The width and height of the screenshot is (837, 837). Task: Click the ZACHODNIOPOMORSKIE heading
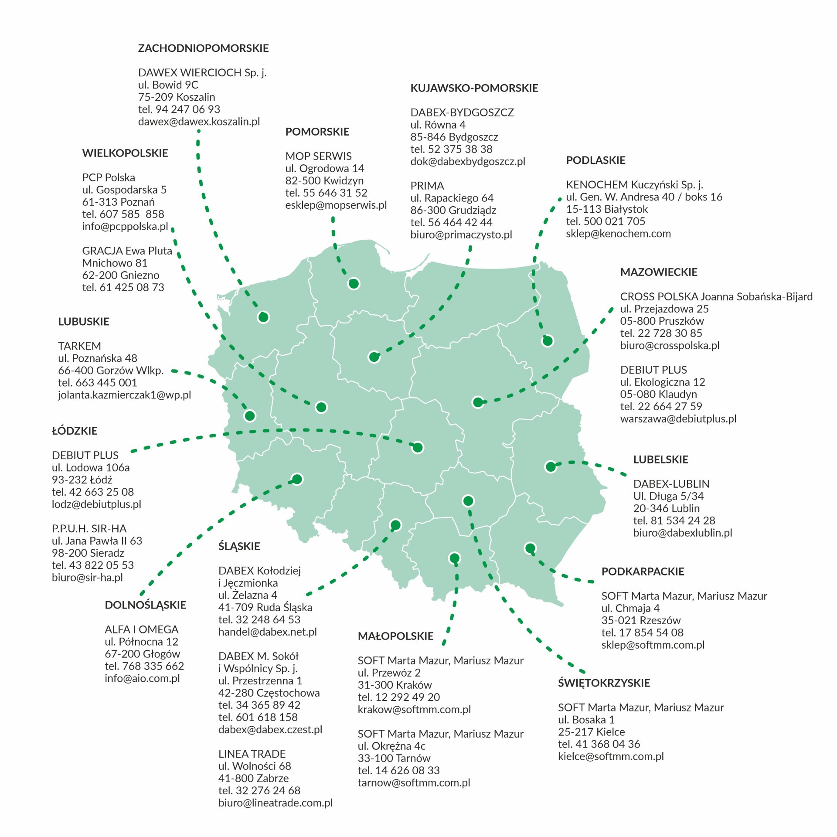(x=203, y=48)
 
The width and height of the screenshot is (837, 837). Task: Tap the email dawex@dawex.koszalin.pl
(x=199, y=122)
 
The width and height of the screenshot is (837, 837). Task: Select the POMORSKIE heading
(x=317, y=132)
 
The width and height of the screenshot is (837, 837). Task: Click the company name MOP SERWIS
(x=318, y=156)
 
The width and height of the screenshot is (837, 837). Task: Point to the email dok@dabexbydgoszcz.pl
(x=467, y=161)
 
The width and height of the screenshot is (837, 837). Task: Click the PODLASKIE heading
(x=595, y=160)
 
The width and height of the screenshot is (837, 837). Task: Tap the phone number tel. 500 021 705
(x=605, y=221)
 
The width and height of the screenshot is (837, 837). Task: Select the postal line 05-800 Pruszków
(x=662, y=321)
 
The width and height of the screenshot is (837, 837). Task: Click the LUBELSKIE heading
(x=660, y=459)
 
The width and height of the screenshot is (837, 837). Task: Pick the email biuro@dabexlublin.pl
(x=682, y=533)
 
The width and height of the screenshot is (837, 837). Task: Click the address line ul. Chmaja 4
(x=630, y=608)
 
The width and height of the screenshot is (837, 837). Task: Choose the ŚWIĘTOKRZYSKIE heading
(x=604, y=683)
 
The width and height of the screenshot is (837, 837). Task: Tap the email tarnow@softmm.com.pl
(x=414, y=783)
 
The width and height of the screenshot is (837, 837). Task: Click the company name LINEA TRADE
(x=252, y=754)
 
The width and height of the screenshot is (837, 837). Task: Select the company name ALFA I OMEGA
(x=141, y=629)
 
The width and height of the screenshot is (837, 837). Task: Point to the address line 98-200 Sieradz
(x=88, y=553)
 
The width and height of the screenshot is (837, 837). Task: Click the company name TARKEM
(x=79, y=346)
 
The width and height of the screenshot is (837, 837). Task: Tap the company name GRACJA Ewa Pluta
(x=127, y=251)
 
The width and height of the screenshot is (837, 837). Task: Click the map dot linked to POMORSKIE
(x=354, y=284)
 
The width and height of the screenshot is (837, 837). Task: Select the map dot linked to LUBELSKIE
(x=551, y=467)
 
